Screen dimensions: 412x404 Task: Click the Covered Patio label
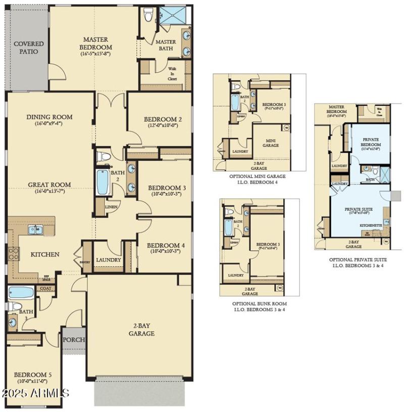(x=28, y=48)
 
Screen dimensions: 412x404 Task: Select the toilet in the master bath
(x=148, y=15)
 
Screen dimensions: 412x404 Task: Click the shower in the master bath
(x=173, y=16)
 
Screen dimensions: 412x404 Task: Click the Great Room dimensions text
(x=49, y=191)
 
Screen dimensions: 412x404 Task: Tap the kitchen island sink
(x=35, y=230)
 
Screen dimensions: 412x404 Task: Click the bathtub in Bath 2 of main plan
(x=103, y=182)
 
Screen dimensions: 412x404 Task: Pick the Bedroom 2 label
(x=162, y=119)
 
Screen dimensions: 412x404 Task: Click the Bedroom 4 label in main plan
(x=166, y=246)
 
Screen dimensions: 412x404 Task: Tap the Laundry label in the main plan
(x=108, y=260)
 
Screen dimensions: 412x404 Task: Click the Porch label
(x=74, y=340)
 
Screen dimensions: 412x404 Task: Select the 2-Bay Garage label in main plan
(x=140, y=330)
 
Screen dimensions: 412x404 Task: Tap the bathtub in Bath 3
(x=21, y=292)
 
